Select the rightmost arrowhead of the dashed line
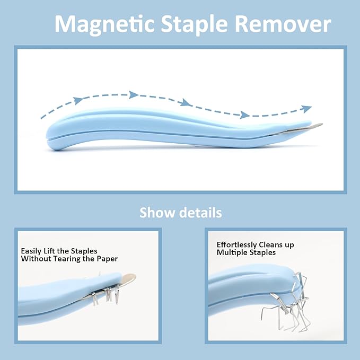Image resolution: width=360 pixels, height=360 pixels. click(306, 109)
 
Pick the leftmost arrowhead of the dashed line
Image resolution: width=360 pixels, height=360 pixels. click(78, 100)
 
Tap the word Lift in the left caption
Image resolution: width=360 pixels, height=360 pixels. click(53, 251)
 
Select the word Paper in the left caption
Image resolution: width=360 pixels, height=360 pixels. click(107, 259)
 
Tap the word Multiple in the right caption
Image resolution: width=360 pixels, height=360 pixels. click(232, 253)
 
